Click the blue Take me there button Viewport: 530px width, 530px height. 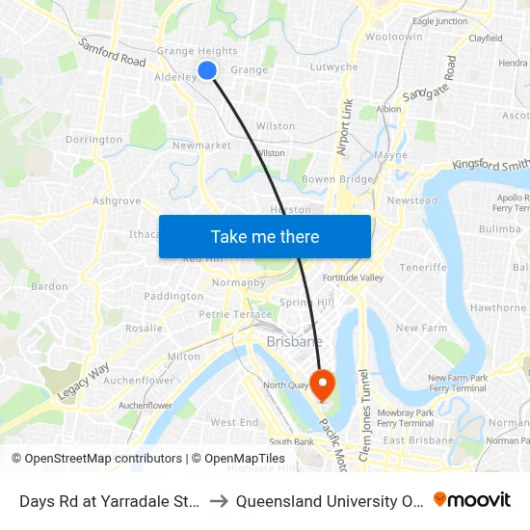pyautogui.click(x=265, y=236)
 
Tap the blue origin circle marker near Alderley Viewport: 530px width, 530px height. pyautogui.click(x=206, y=69)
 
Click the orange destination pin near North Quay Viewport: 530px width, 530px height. pyautogui.click(x=322, y=385)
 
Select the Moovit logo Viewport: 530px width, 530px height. pyautogui.click(x=472, y=500)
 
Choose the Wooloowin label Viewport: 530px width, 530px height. pyautogui.click(x=393, y=37)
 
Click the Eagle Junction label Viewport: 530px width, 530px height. pyautogui.click(x=439, y=21)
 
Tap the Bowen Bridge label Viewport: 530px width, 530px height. pyautogui.click(x=337, y=179)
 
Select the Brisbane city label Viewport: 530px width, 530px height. pyautogui.click(x=294, y=341)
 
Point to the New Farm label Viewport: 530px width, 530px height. pyautogui.click(x=421, y=328)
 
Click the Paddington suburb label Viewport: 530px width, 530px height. pyautogui.click(x=173, y=296)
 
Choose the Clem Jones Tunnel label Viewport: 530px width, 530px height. pyautogui.click(x=363, y=415)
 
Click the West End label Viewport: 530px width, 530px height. pyautogui.click(x=234, y=422)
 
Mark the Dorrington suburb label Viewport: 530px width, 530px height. pyautogui.click(x=93, y=140)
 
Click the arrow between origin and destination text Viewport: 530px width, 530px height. pyautogui.click(x=219, y=501)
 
